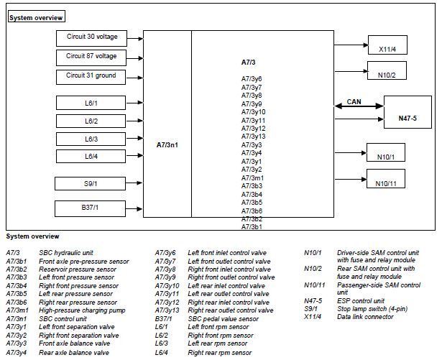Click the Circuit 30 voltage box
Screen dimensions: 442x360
pos(91,38)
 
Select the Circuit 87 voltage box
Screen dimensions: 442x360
pos(91,57)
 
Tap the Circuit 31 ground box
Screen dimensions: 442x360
pos(91,77)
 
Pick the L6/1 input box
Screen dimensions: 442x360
pos(91,103)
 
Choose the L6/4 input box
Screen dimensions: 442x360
pos(91,156)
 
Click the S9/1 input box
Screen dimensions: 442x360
pos(91,183)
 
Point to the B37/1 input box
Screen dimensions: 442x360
pos(91,208)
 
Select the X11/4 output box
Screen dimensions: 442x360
pos(387,45)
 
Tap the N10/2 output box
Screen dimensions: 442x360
pos(387,70)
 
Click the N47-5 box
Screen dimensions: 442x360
pos(408,112)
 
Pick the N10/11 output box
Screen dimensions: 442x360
pos(386,178)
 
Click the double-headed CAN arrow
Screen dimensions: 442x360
pos(359,106)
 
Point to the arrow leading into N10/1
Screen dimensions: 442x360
pos(351,153)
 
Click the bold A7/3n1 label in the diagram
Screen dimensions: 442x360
pos(167,145)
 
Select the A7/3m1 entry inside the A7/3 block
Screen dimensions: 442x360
pos(252,178)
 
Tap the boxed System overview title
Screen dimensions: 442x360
pos(37,17)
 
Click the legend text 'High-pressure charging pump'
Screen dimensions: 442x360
pos(82,310)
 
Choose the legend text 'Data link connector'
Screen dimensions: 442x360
pos(365,317)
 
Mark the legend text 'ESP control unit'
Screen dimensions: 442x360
pos(361,301)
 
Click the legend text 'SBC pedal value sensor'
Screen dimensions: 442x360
pos(224,319)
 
